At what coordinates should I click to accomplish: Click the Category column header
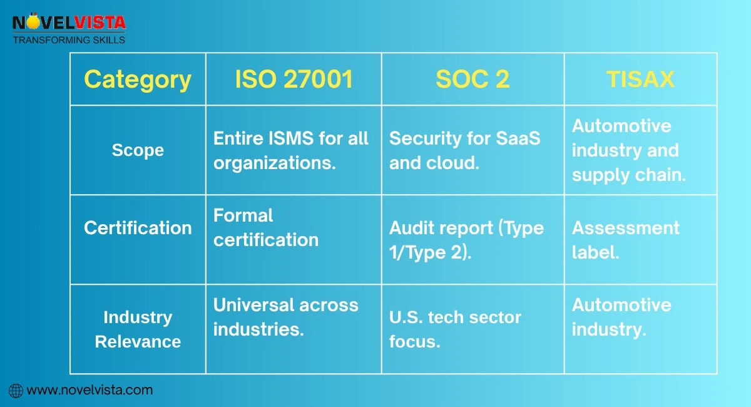(138, 80)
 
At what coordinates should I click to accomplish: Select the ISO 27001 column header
(294, 80)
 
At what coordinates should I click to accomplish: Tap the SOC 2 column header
(473, 80)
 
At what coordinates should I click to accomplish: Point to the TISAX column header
(640, 80)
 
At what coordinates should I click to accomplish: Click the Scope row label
(138, 150)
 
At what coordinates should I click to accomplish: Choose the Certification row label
(138, 228)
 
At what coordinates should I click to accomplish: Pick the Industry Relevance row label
(138, 329)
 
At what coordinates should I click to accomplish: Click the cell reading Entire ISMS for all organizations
(291, 150)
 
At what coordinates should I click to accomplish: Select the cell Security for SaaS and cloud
(464, 150)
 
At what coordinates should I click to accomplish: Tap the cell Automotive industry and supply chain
(628, 150)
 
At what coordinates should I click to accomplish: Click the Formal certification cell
(266, 228)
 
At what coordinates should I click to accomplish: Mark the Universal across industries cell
(285, 317)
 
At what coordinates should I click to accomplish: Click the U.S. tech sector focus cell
(455, 329)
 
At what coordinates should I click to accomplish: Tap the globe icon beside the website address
(16, 391)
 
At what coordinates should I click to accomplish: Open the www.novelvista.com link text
(89, 390)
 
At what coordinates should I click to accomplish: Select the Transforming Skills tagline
(69, 40)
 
